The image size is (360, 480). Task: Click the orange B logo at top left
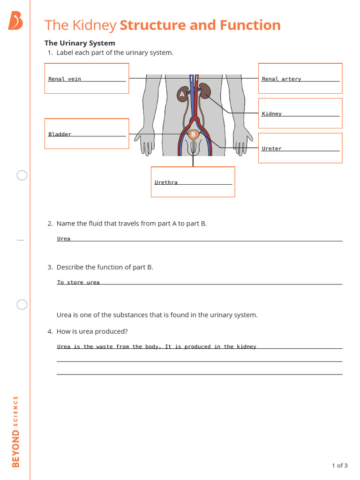tap(15, 21)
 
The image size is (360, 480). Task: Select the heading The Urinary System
tap(80, 43)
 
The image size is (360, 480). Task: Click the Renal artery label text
tap(281, 79)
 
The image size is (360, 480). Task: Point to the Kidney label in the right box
tap(272, 113)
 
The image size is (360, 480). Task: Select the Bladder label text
tap(60, 134)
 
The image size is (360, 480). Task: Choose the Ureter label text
tap(272, 149)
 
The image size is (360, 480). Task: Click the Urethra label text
tap(166, 182)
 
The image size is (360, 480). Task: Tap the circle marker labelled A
tap(182, 95)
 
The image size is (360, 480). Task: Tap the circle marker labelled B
tap(193, 135)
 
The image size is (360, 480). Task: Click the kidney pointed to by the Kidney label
tap(205, 90)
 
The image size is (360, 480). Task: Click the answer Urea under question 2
tap(64, 239)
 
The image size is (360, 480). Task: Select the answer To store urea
tap(78, 282)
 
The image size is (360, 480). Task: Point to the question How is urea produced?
tap(92, 331)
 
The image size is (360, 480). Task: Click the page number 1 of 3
tap(339, 465)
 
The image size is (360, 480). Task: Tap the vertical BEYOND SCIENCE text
tap(16, 432)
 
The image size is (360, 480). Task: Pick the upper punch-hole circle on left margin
tap(22, 176)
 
